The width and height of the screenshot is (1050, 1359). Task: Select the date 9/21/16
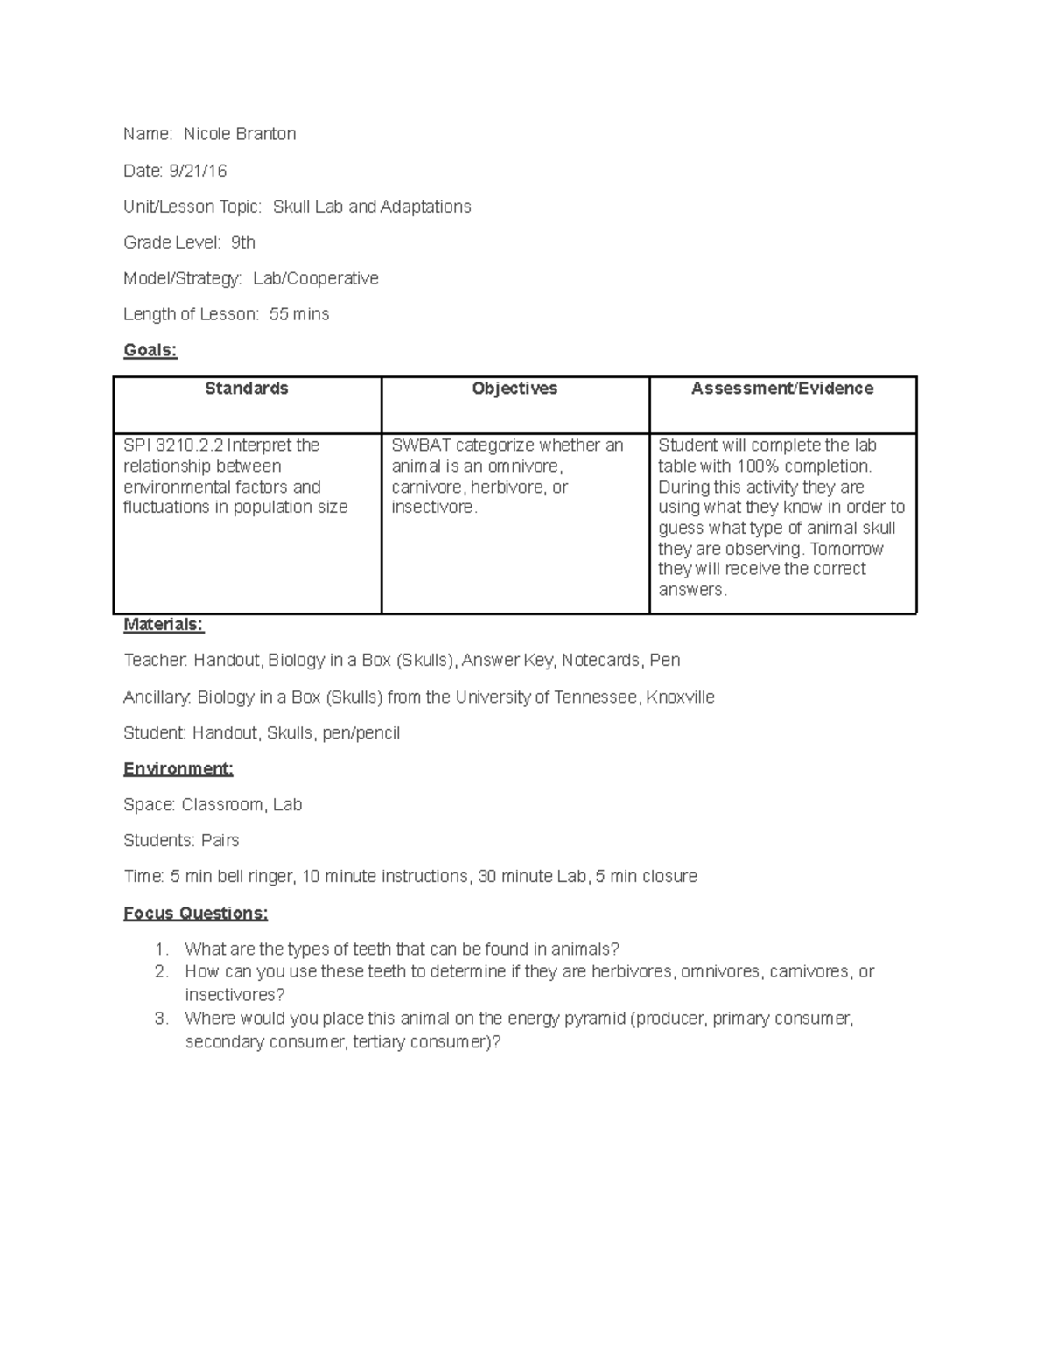pos(198,171)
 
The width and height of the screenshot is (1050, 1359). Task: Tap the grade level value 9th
pos(242,242)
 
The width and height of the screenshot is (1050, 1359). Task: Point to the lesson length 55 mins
pos(299,314)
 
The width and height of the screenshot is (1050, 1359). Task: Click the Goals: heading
pos(150,350)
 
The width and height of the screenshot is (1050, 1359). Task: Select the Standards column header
pos(247,389)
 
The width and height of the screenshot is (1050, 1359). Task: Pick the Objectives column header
pos(514,389)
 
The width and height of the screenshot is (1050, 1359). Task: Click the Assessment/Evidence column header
pos(782,389)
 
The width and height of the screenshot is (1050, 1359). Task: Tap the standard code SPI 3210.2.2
pos(173,445)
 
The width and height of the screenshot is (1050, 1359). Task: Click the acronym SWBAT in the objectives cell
pos(421,445)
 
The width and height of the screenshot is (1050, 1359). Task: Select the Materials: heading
pos(164,624)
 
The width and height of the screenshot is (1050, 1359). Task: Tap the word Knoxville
pos(680,697)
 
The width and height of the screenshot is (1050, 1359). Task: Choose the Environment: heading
pos(178,769)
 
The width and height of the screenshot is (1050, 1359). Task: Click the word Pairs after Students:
pos(220,841)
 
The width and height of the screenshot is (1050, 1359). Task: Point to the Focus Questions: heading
pos(195,914)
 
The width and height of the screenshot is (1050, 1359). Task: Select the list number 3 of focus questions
pos(160,1019)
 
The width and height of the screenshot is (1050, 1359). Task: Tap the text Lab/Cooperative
pos(316,278)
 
